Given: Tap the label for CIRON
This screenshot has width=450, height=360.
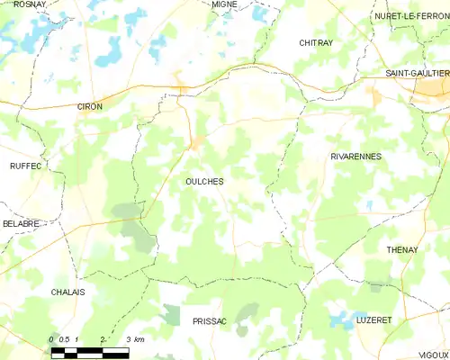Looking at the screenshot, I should [90, 106].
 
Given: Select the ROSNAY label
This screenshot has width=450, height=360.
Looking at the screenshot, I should [30, 4].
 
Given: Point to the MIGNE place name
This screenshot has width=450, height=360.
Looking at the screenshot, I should [224, 4].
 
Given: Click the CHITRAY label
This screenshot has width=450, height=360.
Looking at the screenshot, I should [316, 42].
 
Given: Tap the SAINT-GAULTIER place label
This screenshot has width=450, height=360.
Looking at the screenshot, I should [416, 73].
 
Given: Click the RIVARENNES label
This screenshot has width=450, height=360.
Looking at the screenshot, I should [355, 156].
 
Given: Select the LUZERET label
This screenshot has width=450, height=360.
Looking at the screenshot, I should [373, 320].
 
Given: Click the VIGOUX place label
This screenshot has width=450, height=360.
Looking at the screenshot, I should [433, 355].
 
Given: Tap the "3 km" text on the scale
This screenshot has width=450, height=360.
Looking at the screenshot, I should [136, 338].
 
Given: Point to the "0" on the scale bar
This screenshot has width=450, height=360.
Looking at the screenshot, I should [50, 338].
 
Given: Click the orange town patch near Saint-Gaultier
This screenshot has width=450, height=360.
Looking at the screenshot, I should [376, 97].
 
